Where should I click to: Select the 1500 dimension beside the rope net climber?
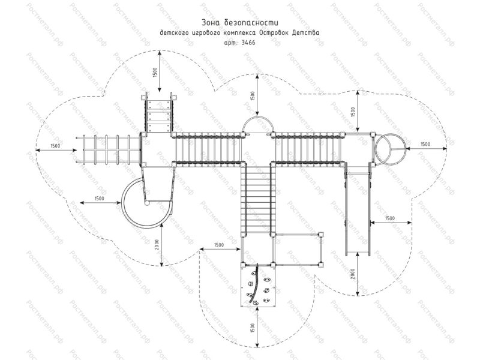click(x=55, y=146)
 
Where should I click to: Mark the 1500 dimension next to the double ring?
click(x=424, y=144)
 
